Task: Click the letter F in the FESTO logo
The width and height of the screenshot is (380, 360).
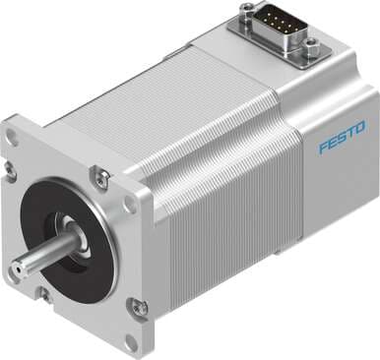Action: tap(323, 149)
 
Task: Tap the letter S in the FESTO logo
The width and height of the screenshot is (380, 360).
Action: tap(342, 140)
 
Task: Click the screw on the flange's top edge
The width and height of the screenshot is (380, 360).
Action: tap(99, 177)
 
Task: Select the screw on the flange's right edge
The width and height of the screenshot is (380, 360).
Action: tap(140, 308)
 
